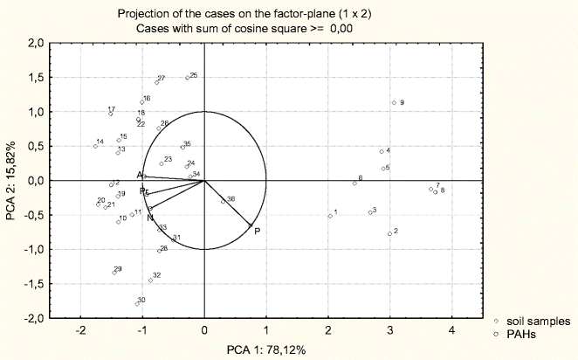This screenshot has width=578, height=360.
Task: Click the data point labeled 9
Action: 394,103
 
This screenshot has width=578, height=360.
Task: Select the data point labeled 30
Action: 137,303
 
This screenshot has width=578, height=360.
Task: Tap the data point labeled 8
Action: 436,192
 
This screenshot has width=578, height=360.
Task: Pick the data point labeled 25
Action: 187,77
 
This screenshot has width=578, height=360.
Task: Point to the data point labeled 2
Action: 389,233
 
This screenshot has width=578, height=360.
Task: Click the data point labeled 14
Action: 95,146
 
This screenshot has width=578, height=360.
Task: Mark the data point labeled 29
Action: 114,273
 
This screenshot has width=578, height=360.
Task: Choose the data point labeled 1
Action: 330,216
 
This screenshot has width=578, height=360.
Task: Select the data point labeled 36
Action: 223,203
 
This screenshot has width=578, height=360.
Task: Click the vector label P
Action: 257,231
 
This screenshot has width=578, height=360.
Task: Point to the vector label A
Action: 140,176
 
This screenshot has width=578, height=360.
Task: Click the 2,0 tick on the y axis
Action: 35,43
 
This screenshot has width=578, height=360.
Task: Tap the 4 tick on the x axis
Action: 451,329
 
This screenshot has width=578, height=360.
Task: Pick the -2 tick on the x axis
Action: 80,329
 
